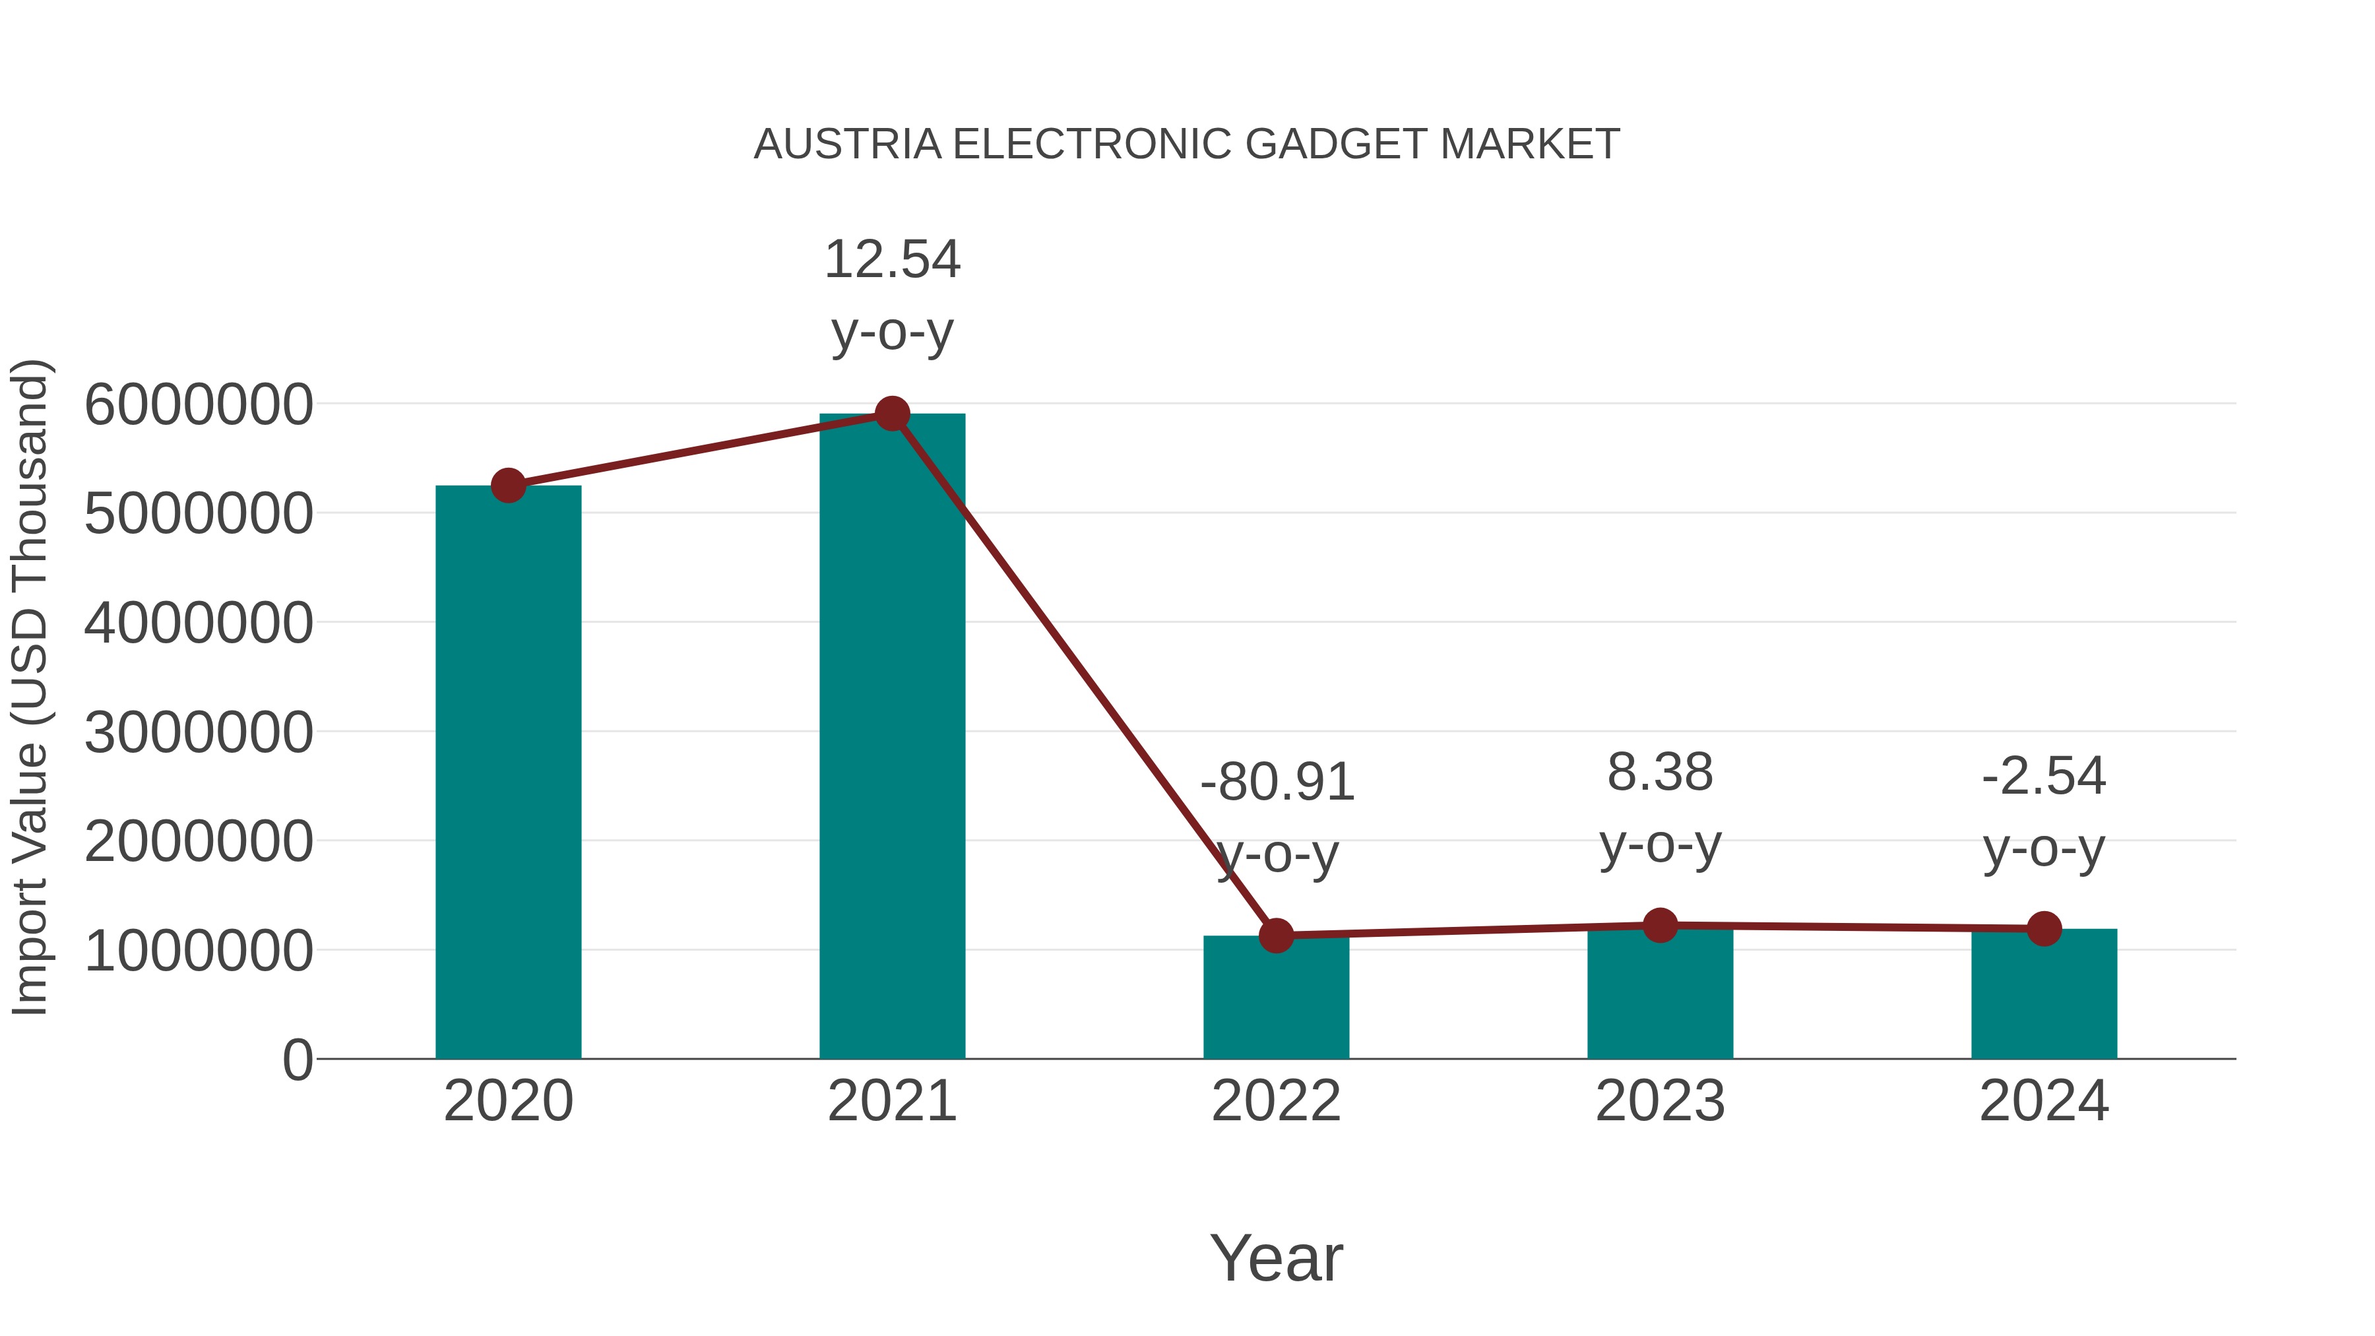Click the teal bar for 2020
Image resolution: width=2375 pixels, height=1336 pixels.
pos(508,775)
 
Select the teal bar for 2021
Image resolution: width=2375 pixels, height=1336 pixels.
pos(891,738)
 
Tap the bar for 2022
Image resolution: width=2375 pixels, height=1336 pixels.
pos(1276,1000)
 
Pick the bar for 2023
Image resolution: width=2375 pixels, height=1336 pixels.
pos(1660,996)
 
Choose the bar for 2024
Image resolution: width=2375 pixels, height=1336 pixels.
pos(2044,996)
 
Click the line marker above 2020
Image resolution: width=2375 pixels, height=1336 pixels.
pos(508,485)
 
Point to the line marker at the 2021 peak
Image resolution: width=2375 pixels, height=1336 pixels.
pos(891,414)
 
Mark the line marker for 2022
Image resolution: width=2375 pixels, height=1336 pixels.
pos(1276,936)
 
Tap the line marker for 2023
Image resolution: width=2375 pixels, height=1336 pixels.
pos(1660,925)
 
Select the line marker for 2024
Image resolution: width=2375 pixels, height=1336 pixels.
pos(2044,928)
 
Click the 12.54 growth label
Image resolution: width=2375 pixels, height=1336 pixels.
pos(891,259)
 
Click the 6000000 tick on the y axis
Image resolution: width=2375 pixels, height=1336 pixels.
pos(198,405)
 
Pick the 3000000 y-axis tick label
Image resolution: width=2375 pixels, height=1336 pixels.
pos(198,733)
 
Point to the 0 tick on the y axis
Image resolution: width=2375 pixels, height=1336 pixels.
pos(297,1060)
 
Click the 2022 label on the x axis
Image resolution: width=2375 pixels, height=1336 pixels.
pos(1276,1101)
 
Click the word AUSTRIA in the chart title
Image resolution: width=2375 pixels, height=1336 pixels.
pos(847,144)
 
